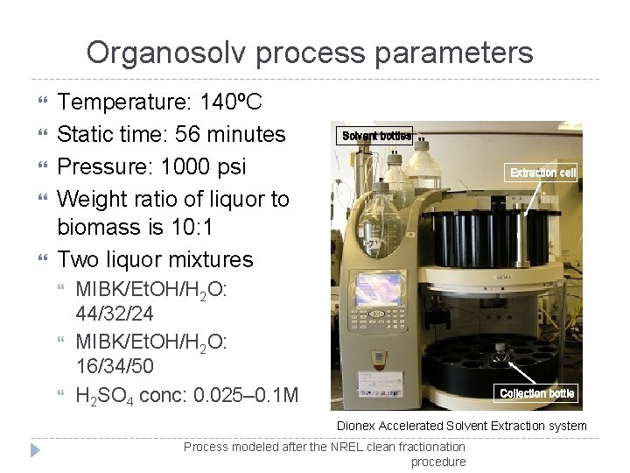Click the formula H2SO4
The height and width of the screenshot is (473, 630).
[109, 395]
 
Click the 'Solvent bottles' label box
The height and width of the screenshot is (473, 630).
[376, 137]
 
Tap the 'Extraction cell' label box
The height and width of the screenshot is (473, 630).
[543, 173]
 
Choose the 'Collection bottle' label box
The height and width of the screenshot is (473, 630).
[536, 393]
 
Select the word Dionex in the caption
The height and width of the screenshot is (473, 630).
[357, 427]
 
